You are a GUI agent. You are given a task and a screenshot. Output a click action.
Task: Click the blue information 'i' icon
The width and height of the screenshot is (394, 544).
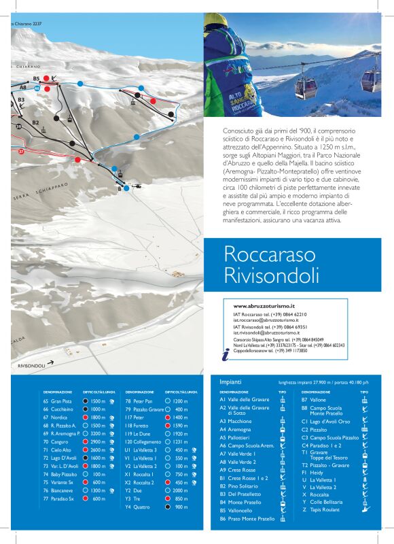point(226,352)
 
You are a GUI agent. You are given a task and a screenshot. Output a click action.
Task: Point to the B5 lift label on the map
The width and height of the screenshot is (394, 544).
point(36,78)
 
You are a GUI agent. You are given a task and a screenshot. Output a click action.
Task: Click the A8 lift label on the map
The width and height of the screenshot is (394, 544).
point(22,88)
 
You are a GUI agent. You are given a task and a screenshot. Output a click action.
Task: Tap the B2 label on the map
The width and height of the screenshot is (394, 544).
point(35,123)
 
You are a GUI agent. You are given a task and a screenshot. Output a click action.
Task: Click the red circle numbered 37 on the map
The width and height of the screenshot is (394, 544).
point(21,152)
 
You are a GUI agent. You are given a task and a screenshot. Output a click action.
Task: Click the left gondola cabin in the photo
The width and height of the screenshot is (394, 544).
point(305,85)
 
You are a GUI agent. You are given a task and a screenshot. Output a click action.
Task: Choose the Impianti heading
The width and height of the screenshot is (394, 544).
point(232,382)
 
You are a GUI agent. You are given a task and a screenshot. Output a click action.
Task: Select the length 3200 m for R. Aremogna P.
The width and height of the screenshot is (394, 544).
point(98,433)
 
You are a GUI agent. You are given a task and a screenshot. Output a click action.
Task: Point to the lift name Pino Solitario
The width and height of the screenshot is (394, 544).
point(242,487)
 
